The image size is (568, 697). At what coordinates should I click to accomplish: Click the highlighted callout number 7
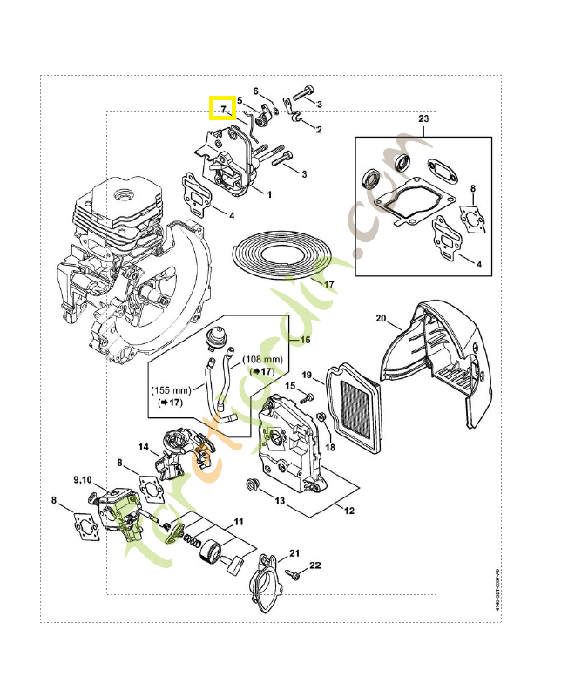[223, 109]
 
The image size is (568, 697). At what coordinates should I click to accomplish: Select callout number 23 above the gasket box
[423, 118]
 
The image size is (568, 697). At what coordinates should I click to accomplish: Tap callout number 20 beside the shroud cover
[381, 317]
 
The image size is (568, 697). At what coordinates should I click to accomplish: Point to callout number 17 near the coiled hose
[328, 285]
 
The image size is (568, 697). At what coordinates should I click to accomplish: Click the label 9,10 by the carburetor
[83, 480]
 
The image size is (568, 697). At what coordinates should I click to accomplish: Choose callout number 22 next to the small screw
[315, 565]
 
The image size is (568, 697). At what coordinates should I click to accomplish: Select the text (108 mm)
[263, 360]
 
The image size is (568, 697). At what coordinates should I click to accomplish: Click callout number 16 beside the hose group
[305, 339]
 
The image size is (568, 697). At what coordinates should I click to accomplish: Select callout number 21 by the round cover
[294, 553]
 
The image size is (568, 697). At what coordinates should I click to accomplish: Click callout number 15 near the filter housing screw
[291, 386]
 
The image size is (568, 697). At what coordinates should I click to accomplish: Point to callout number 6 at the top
[256, 91]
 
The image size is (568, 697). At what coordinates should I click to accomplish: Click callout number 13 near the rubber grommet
[281, 502]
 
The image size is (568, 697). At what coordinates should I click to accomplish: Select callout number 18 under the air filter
[329, 447]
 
